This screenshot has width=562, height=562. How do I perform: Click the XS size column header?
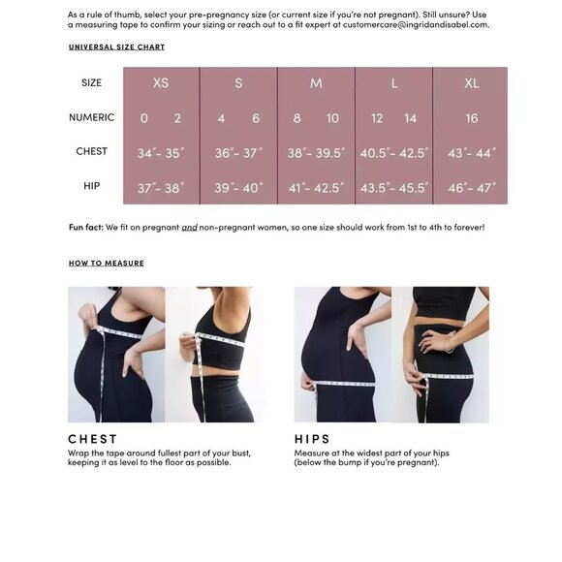[161, 83]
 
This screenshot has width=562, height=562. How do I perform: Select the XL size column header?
[471, 83]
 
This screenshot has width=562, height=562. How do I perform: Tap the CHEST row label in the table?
[92, 151]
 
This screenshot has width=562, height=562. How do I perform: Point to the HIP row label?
[92, 185]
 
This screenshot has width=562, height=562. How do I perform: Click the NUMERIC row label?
[92, 117]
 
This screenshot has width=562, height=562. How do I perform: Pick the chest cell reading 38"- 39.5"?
[316, 152]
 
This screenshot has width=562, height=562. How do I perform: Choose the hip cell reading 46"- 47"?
[470, 186]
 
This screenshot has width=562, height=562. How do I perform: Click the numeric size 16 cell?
[471, 118]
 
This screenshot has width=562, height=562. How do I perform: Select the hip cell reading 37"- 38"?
[161, 186]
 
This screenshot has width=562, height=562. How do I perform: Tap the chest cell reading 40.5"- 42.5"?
[393, 152]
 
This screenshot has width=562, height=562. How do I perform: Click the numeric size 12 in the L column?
[377, 118]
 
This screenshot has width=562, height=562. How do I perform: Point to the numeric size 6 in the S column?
[256, 118]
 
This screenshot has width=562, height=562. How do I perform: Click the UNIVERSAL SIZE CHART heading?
[116, 47]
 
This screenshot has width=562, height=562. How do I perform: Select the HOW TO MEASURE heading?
[106, 263]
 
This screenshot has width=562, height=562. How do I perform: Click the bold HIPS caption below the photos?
[312, 439]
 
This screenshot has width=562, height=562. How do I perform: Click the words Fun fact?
[87, 227]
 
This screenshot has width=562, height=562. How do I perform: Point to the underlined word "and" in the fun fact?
[189, 227]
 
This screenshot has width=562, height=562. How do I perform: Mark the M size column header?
[316, 83]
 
